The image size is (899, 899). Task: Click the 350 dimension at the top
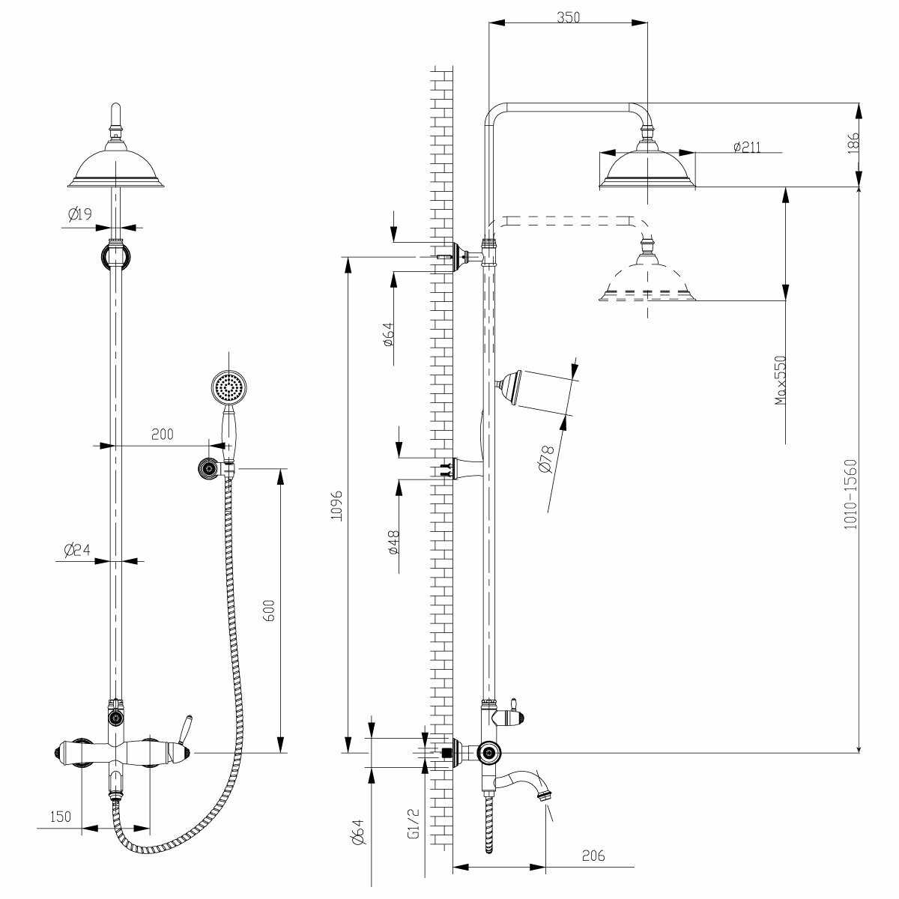click(569, 16)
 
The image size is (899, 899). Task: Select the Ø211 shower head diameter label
click(746, 147)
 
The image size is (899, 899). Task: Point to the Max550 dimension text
click(781, 381)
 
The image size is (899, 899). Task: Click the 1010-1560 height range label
click(850, 494)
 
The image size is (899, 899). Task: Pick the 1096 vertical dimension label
click(337, 506)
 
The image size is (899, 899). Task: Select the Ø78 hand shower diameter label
click(546, 458)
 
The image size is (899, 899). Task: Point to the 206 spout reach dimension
click(592, 856)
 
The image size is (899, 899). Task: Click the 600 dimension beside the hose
click(271, 611)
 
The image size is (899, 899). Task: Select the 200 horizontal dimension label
click(162, 434)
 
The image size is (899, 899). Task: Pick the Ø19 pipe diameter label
click(79, 215)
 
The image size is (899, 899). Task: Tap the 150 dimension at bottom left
click(61, 816)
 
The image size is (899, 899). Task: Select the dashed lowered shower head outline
click(647, 281)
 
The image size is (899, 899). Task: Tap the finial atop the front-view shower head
click(115, 116)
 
